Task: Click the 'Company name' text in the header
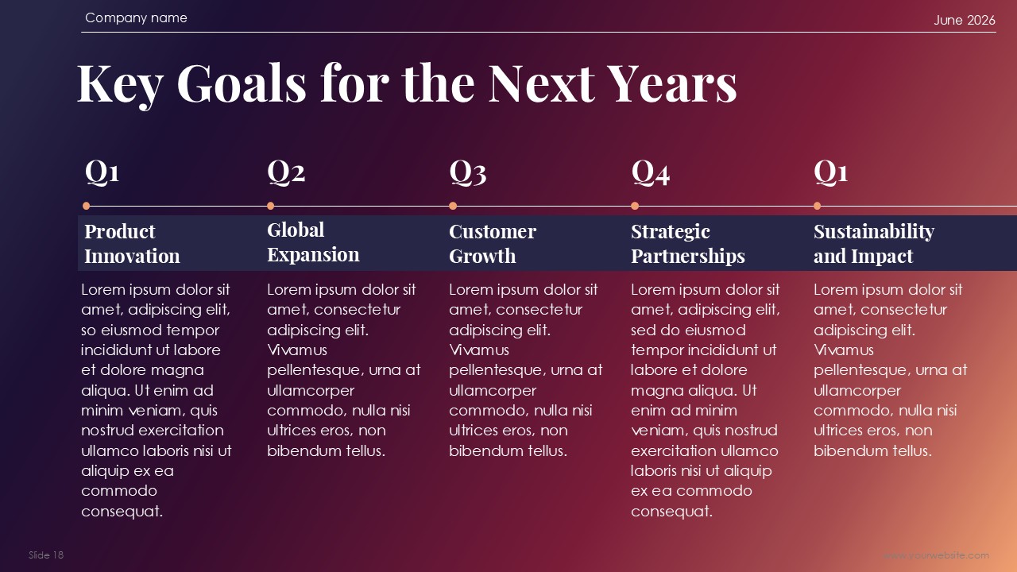(136, 17)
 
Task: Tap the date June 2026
(965, 20)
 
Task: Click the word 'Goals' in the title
(241, 83)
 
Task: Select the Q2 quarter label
(286, 172)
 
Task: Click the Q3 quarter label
(468, 172)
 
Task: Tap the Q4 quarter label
(650, 172)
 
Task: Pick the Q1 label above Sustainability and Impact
(830, 172)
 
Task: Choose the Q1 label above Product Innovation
(102, 172)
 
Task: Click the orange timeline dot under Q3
(453, 206)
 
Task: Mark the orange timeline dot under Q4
(635, 206)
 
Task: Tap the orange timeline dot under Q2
(271, 206)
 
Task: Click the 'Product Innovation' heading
(132, 244)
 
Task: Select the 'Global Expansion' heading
(313, 242)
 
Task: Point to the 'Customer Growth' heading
(493, 244)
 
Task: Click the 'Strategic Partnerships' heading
(688, 244)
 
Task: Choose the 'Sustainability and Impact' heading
(874, 244)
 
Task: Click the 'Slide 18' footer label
(46, 555)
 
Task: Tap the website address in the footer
(936, 555)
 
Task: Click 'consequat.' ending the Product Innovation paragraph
(122, 512)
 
